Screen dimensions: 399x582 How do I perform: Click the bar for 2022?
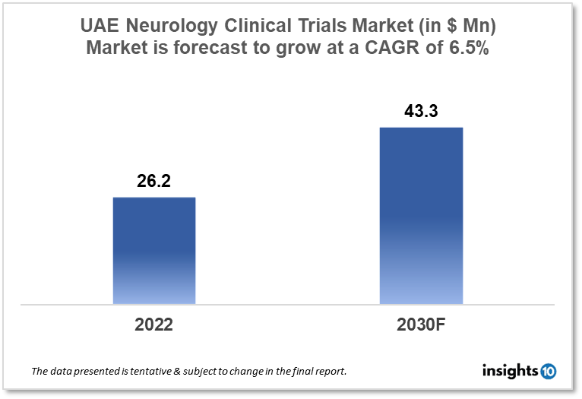tap(154, 250)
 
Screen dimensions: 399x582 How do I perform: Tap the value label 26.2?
tap(154, 183)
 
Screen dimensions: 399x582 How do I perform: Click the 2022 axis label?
tap(154, 325)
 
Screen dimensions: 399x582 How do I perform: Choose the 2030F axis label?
tap(421, 325)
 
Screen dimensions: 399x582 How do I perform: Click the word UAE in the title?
tap(100, 26)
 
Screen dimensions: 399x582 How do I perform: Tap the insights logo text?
tap(510, 371)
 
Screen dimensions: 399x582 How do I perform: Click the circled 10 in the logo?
tap(548, 371)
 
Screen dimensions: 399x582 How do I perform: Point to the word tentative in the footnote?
tap(153, 372)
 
